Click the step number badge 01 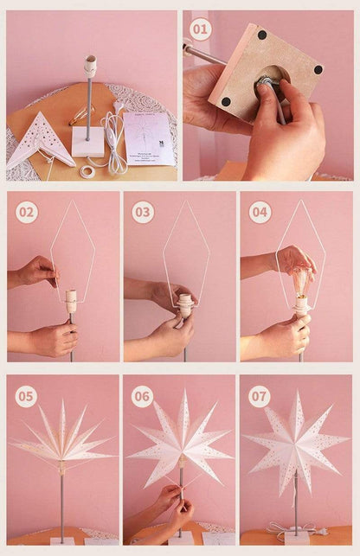(x=201, y=30)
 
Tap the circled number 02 (x=27, y=212)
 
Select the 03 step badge (x=143, y=212)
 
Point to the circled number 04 (x=260, y=212)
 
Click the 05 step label (x=27, y=396)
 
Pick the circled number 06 (x=143, y=396)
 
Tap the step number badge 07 (x=260, y=396)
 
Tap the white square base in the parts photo (x=88, y=142)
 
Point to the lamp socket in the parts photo (x=90, y=67)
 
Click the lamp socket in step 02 (x=71, y=300)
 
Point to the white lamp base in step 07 (x=296, y=536)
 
